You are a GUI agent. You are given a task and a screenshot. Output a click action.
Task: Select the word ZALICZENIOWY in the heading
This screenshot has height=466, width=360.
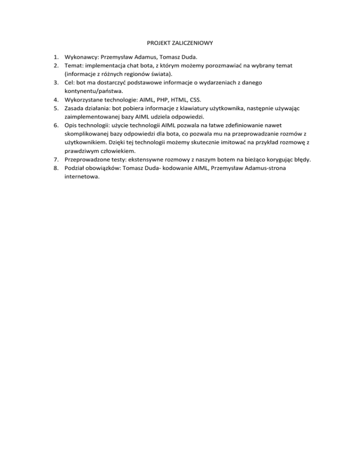[194, 43]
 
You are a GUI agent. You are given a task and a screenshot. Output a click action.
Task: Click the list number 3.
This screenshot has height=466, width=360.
[55, 82]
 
